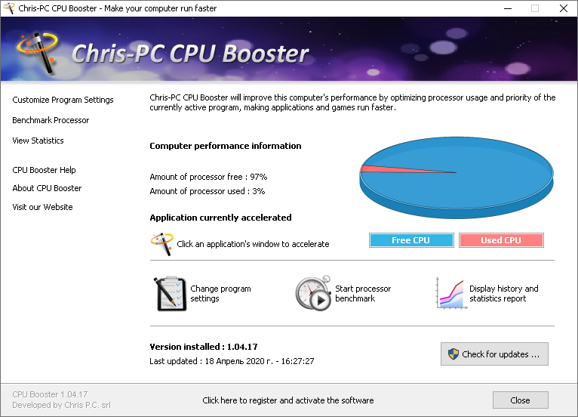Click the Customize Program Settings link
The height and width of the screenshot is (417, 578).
click(63, 100)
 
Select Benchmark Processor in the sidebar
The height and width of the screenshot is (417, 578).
click(51, 120)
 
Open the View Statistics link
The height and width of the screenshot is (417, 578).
click(38, 141)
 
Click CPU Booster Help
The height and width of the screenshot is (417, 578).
click(44, 170)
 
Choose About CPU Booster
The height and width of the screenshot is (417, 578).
click(47, 188)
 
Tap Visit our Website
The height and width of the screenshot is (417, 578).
click(42, 207)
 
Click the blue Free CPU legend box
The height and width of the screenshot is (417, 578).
click(411, 240)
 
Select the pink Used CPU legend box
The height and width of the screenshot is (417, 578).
click(501, 240)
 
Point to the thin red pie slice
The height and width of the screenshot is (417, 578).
click(392, 169)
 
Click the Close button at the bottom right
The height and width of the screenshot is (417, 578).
click(520, 400)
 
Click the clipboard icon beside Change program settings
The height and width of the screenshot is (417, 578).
click(170, 294)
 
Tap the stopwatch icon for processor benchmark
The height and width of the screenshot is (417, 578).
click(313, 294)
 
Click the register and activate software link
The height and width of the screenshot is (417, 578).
click(288, 400)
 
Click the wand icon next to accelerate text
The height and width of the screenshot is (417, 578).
click(161, 244)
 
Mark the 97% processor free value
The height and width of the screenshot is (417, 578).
click(258, 177)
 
